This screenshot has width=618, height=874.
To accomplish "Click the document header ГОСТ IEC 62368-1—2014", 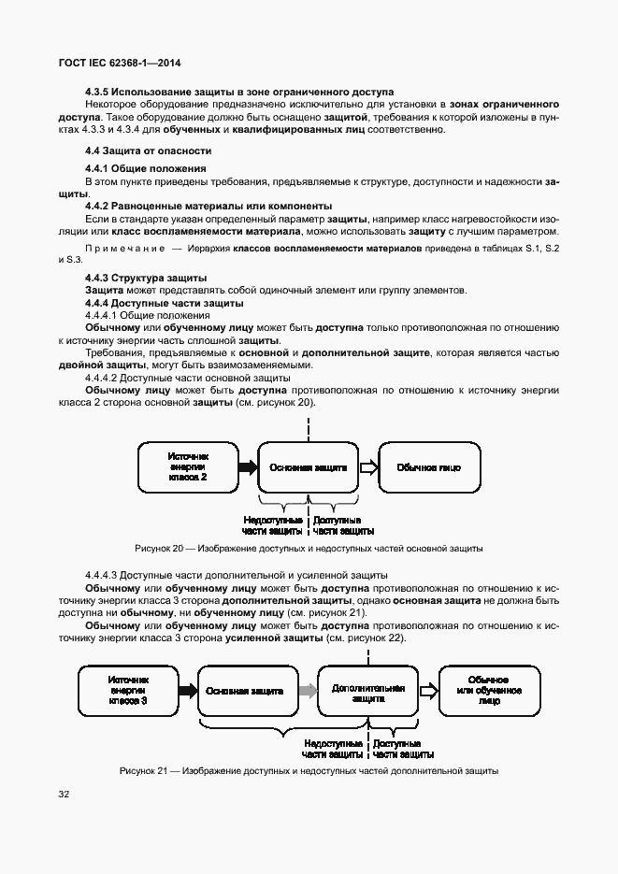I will [120, 63].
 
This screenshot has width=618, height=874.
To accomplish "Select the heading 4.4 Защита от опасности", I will [147, 150].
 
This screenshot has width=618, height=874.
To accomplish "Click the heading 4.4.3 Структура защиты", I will [146, 279].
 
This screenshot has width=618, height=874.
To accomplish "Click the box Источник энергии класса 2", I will [187, 466].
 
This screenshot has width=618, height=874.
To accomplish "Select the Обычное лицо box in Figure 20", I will [427, 466].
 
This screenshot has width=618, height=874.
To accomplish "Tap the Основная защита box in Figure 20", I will [309, 466].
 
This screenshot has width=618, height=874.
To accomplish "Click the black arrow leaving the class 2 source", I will [247, 466].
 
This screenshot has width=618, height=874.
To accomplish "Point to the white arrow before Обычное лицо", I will [368, 466].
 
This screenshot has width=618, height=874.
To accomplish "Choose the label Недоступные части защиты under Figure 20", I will [272, 525].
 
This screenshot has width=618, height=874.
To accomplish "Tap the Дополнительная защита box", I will [367, 692].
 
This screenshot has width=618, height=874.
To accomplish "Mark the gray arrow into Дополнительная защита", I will [306, 692].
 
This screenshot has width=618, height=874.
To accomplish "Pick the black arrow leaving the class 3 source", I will [185, 692].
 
